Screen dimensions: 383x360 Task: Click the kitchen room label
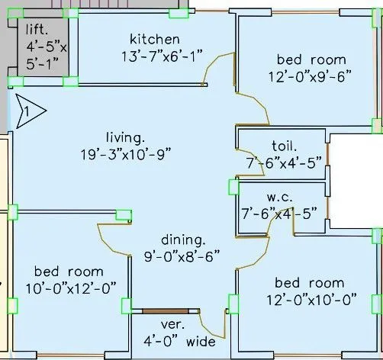(155, 39)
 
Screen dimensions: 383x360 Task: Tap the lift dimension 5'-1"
(43, 63)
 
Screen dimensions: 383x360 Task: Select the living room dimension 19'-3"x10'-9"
(126, 155)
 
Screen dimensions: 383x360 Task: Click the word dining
(183, 240)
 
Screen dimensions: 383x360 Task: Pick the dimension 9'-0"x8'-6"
(182, 256)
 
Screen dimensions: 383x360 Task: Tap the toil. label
(284, 146)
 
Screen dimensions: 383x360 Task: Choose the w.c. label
(279, 198)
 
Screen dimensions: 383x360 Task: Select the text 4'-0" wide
(180, 342)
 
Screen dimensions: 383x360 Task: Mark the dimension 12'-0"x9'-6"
(310, 76)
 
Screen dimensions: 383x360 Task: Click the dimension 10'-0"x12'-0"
(71, 288)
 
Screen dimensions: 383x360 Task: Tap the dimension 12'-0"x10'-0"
(311, 300)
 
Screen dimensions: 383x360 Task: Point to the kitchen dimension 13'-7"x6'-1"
(163, 56)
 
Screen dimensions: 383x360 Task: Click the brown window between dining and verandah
(166, 311)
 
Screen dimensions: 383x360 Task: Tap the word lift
(37, 30)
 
